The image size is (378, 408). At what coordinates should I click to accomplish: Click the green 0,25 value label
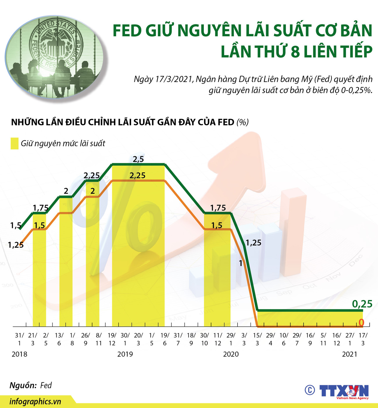click(x=362, y=304)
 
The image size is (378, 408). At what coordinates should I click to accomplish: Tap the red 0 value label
click(x=361, y=322)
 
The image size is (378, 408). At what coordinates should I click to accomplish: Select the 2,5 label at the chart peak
click(x=138, y=159)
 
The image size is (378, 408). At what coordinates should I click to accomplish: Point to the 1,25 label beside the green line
click(x=253, y=243)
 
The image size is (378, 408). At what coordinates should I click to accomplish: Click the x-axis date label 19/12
click(x=112, y=339)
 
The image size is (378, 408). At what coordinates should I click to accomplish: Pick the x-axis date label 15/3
click(x=257, y=339)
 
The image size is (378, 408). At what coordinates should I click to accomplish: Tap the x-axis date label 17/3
click(x=363, y=339)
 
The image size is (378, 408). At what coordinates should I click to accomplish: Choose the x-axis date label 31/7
click(x=178, y=339)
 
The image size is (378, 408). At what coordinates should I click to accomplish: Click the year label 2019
click(x=125, y=354)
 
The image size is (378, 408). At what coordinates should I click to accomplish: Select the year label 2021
click(x=350, y=354)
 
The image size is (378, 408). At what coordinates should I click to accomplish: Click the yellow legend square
click(x=15, y=143)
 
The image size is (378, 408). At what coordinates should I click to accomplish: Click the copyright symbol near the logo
click(x=310, y=390)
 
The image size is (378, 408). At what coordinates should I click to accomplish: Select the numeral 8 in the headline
click(x=295, y=52)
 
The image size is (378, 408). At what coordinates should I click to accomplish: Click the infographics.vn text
click(x=35, y=402)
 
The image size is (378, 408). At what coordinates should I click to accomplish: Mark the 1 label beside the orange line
click(x=240, y=263)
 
